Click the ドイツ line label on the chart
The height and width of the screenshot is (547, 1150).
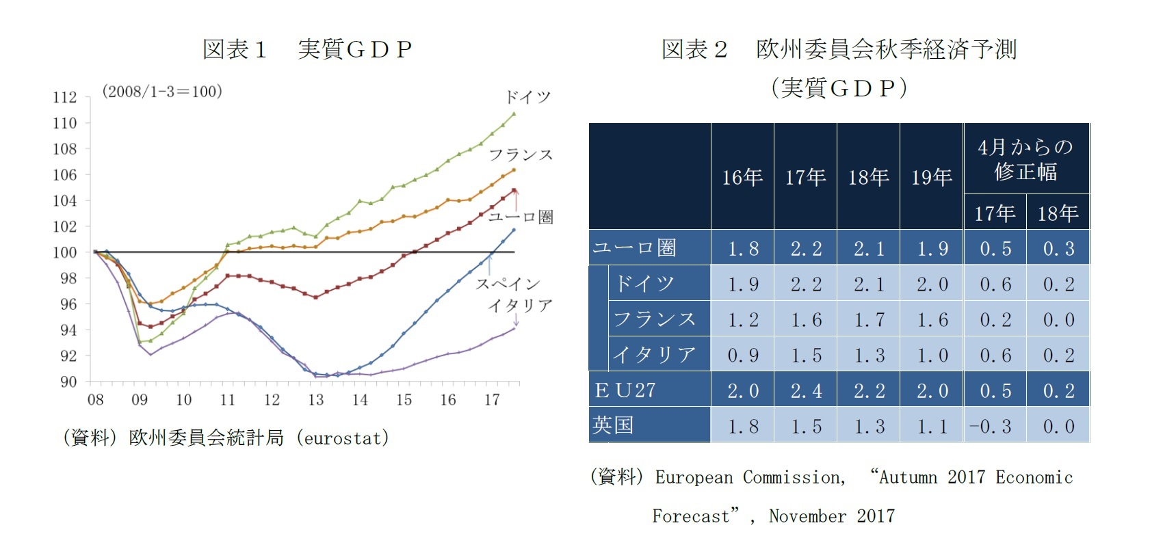[x=527, y=97]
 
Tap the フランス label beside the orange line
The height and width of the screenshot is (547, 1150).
[x=521, y=155]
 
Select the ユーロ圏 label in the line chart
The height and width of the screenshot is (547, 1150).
[x=521, y=217]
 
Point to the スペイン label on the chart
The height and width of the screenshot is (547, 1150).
[x=508, y=284]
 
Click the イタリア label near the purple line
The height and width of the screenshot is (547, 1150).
[x=520, y=306]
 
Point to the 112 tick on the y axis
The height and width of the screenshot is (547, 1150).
[x=65, y=98]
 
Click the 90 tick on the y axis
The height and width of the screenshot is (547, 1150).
[x=68, y=382]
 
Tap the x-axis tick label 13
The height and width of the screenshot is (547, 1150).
[x=315, y=400]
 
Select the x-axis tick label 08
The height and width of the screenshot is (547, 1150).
[x=95, y=400]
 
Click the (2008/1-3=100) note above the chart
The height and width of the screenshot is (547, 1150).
[x=162, y=92]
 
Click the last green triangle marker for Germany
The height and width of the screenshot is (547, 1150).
[x=514, y=114]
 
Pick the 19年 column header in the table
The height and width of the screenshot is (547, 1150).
[x=931, y=178]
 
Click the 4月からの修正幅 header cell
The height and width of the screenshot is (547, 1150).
[x=1025, y=159]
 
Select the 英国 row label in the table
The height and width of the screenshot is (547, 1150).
[x=613, y=425]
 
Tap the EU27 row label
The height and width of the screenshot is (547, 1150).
[x=625, y=390]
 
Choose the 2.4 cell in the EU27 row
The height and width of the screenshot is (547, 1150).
[x=805, y=391]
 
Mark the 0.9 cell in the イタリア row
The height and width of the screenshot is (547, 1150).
[x=742, y=356]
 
